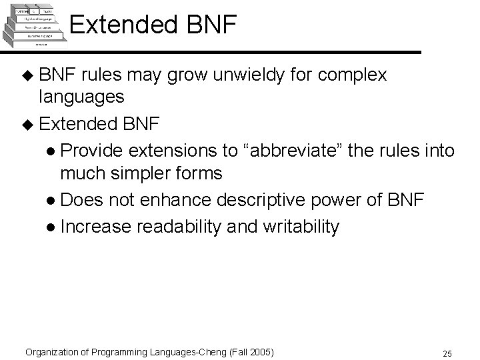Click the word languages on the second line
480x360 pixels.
click(x=81, y=97)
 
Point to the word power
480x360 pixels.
click(x=365, y=200)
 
